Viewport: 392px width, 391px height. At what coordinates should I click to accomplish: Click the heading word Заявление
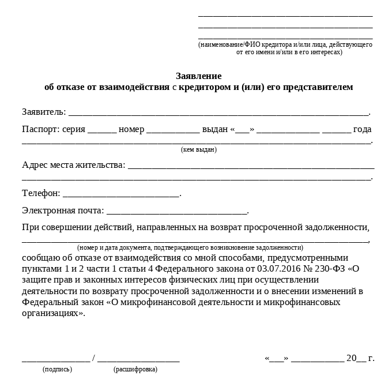198,76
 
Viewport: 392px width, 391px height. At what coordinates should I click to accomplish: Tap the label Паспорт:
40,129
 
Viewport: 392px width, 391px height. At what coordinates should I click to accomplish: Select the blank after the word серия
102,131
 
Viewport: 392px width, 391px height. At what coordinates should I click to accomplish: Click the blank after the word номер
173,131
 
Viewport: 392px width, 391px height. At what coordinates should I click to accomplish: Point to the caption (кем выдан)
199,150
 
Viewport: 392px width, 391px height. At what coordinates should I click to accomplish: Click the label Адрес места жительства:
73,165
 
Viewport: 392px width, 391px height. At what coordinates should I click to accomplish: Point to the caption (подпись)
57,369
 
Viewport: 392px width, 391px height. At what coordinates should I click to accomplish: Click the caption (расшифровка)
135,369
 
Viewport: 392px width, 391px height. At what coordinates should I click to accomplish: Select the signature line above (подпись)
56,360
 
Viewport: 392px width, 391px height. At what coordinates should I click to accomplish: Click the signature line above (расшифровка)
138,360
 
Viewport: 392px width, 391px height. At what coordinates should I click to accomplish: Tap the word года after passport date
363,129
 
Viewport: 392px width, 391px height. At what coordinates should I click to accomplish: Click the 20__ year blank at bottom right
356,358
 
